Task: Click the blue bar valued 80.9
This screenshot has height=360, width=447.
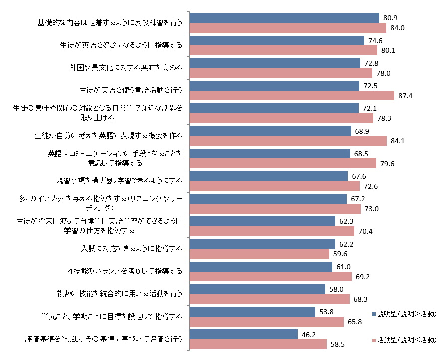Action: (x=284, y=18)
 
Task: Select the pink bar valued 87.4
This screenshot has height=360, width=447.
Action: (x=292, y=96)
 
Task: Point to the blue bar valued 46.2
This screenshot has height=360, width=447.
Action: (x=244, y=334)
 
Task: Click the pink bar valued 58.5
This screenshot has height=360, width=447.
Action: (x=258, y=344)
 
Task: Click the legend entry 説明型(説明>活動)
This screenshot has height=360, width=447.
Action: (x=407, y=314)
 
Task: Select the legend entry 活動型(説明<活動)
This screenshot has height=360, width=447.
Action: (x=407, y=340)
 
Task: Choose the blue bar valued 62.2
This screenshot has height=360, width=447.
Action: (x=263, y=244)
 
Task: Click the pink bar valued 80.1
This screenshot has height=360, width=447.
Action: (x=283, y=50)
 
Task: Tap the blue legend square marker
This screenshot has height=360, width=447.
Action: (x=374, y=314)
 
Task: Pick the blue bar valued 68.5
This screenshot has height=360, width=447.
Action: (x=270, y=153)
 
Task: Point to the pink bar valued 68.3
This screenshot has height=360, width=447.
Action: (x=270, y=299)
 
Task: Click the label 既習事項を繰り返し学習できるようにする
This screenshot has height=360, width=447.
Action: (x=119, y=180)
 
